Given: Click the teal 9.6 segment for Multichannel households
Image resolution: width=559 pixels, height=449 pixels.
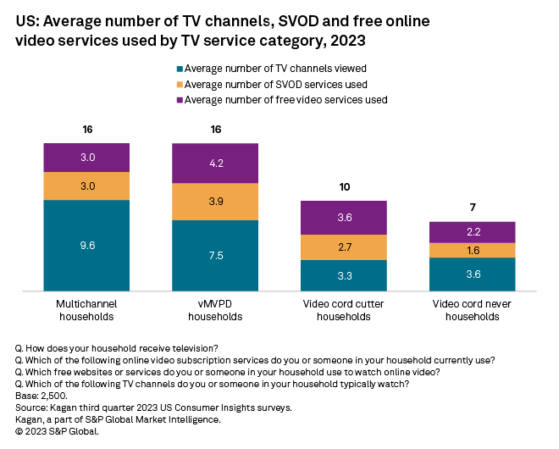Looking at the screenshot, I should (87, 246).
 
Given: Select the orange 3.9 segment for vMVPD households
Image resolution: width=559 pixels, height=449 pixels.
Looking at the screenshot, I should (215, 202).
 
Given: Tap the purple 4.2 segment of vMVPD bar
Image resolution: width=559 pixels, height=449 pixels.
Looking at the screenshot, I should (215, 164).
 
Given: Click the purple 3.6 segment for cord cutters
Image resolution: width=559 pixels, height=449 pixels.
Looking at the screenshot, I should (344, 218).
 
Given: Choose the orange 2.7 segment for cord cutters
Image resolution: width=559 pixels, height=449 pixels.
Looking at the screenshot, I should (344, 247).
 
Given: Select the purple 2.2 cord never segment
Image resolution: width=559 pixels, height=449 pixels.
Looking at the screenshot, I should (473, 232).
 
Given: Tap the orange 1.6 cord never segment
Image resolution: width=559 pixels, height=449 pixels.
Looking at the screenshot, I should (473, 250).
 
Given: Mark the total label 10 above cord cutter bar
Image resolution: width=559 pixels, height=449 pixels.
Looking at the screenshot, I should (344, 187).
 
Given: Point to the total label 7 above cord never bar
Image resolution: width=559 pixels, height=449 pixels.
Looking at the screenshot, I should (473, 208).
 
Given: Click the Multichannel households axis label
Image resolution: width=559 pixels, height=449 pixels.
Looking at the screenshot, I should (87, 309).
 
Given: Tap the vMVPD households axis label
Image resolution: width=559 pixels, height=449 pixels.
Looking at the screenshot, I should (215, 309).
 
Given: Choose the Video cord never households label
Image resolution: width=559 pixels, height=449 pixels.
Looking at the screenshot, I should (473, 309).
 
